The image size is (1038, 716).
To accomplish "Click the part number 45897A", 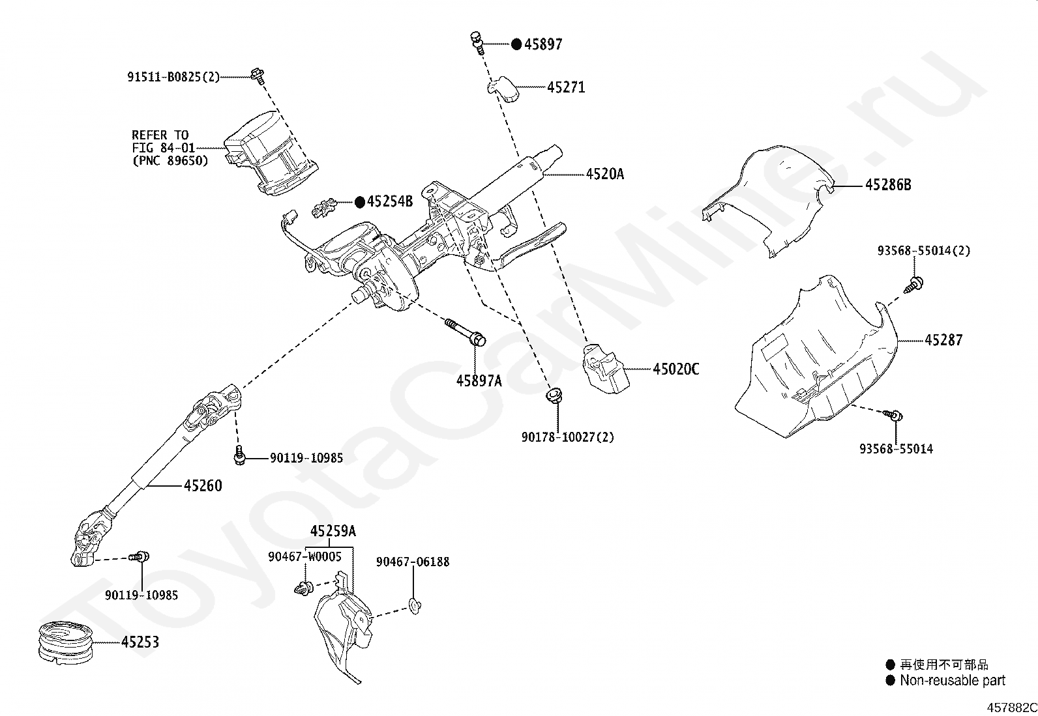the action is pyautogui.click(x=479, y=380).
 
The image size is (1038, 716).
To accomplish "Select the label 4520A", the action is pyautogui.click(x=604, y=174).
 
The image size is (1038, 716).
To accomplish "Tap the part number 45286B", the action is pyautogui.click(x=888, y=185).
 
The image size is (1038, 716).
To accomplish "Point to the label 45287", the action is pyautogui.click(x=943, y=340).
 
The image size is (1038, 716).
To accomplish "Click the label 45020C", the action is pyautogui.click(x=675, y=369).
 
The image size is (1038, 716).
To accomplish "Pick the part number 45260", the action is pyautogui.click(x=203, y=485).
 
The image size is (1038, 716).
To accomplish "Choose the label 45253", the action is pyautogui.click(x=140, y=642).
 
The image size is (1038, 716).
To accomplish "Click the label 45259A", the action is pyautogui.click(x=333, y=531).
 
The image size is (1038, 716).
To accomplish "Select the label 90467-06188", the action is pyautogui.click(x=413, y=562).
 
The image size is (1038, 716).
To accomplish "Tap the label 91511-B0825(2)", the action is pyautogui.click(x=173, y=76).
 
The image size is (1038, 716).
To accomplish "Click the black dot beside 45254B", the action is pyautogui.click(x=360, y=202).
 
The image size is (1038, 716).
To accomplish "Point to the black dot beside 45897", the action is pyautogui.click(x=516, y=44).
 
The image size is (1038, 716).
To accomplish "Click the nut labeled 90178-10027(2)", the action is pyautogui.click(x=554, y=395).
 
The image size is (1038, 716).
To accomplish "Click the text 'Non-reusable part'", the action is pyautogui.click(x=953, y=680).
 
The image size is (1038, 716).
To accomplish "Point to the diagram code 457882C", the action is pyautogui.click(x=1011, y=708).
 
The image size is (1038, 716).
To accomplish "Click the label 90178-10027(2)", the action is pyautogui.click(x=568, y=437).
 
